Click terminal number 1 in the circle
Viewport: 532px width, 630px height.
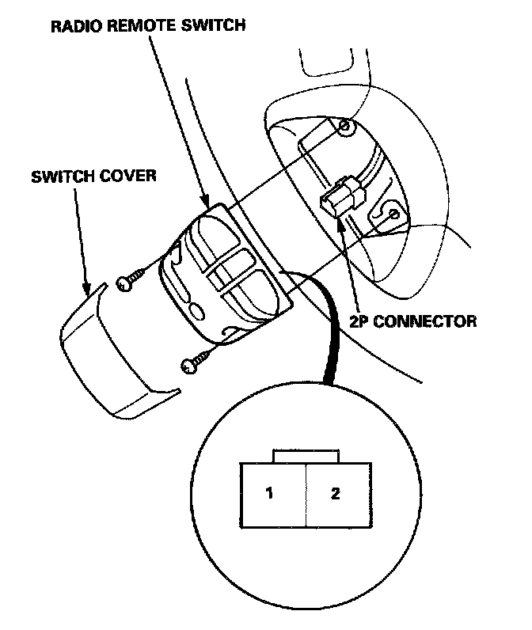coord(269,494)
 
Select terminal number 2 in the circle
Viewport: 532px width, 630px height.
coord(336,494)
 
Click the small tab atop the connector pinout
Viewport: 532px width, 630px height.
coord(305,457)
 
